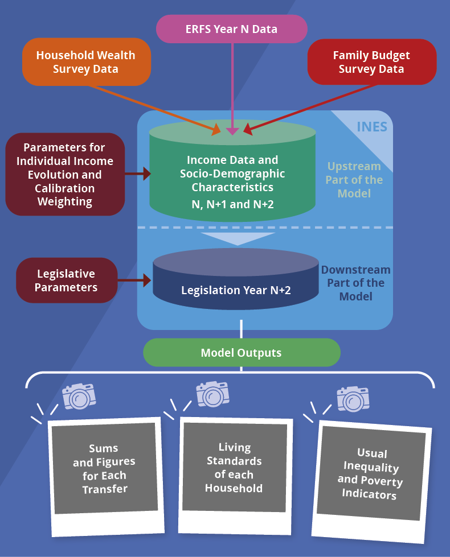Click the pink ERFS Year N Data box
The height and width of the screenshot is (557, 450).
point(232,29)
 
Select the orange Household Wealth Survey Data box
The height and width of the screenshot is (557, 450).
point(87,62)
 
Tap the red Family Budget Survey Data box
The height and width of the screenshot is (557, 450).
point(372,62)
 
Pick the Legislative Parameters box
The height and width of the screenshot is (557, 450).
point(67,280)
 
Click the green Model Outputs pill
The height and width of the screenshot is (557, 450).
point(242,352)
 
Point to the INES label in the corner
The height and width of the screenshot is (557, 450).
point(372,127)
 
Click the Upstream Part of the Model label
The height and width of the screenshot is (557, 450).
point(354,180)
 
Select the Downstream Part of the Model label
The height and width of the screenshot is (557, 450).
point(356,283)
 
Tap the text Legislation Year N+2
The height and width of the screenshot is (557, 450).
point(236,290)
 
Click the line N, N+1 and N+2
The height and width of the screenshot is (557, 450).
point(232,204)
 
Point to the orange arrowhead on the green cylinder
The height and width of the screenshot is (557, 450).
point(216,130)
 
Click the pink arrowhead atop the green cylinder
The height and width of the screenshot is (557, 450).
point(232,131)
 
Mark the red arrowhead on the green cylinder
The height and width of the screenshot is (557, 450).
point(248,130)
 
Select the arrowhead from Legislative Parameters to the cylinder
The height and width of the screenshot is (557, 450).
point(147,280)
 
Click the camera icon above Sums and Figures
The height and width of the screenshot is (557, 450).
point(79,396)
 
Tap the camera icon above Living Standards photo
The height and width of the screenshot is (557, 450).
point(212,394)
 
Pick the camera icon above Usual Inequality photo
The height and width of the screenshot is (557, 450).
point(353,399)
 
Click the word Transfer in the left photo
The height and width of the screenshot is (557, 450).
point(105,489)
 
